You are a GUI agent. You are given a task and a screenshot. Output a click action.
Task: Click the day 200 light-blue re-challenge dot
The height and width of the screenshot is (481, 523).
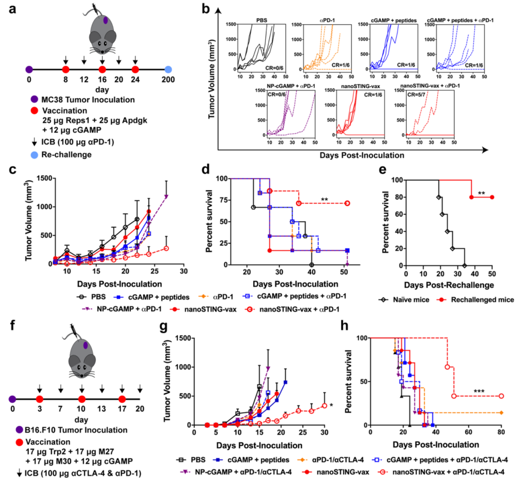pos(168,70)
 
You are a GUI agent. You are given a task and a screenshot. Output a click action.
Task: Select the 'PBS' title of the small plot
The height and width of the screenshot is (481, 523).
pos(262,21)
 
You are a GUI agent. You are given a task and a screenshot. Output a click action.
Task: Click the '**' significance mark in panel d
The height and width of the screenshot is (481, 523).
pos(325,199)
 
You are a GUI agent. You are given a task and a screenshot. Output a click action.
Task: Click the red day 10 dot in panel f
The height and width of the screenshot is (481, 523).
pos(81,399)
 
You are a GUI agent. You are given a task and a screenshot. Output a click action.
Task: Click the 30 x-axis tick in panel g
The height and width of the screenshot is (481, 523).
pos(324,432)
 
